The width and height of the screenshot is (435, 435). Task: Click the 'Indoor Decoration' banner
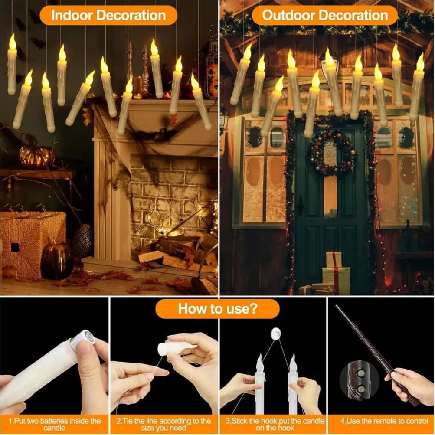coord(108,15)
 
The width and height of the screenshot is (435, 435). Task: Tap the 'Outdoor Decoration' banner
coord(325,15)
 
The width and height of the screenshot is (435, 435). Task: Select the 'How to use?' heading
coord(217,309)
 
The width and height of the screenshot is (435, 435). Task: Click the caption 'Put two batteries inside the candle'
coord(54,424)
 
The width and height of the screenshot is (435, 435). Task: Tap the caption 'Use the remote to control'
coord(380,421)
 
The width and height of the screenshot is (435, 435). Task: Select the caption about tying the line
coord(164,424)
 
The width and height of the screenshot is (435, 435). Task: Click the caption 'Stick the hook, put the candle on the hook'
coord(273,424)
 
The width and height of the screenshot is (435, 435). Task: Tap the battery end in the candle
coord(83,339)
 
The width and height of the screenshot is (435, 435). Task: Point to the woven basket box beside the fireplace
coord(33,243)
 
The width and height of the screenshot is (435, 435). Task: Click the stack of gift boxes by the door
coord(334,273)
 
